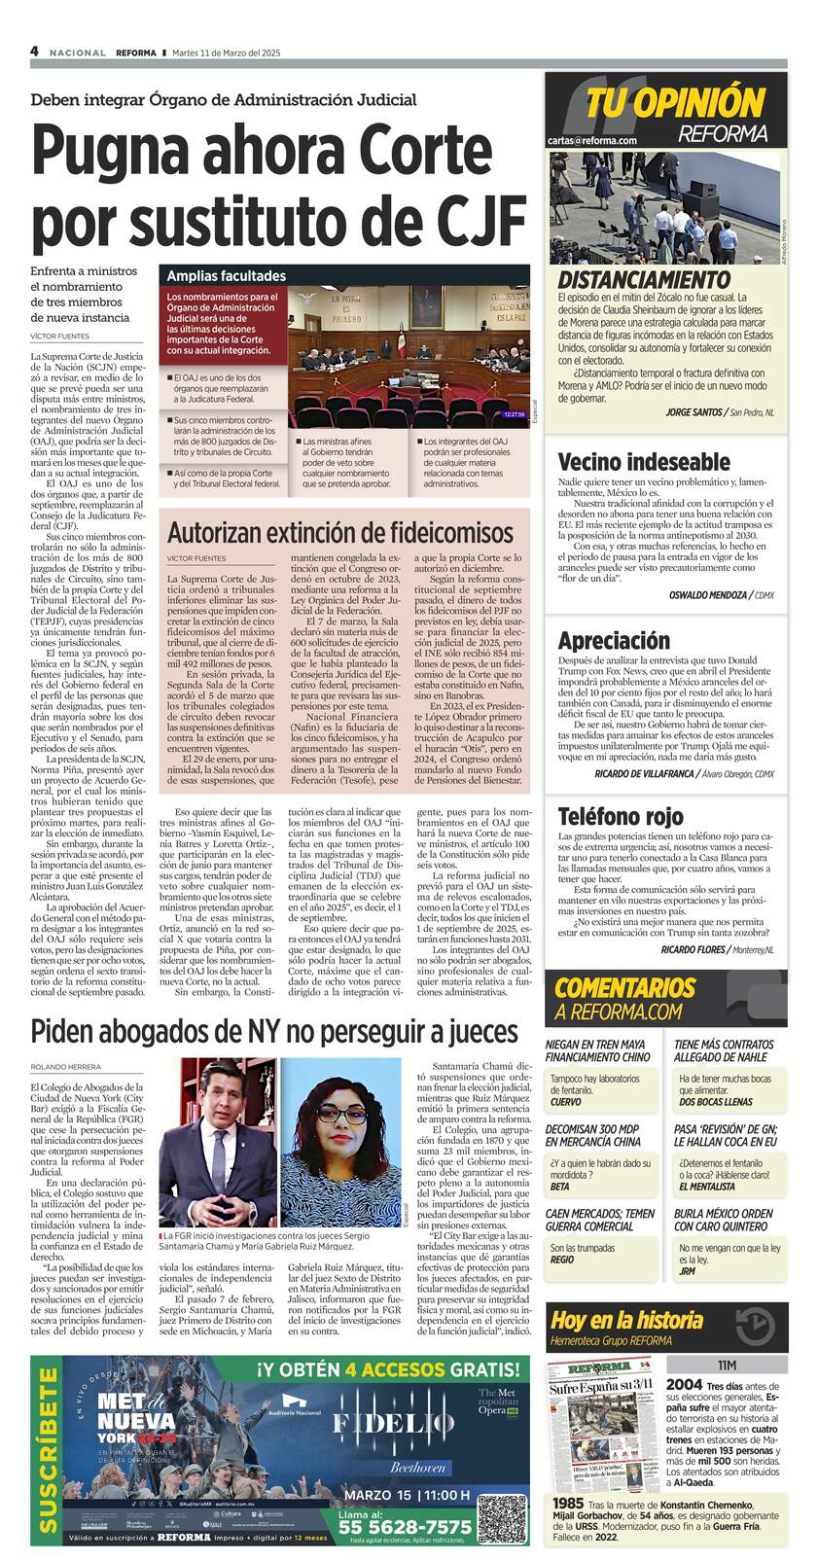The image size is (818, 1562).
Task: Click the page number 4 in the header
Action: (35, 52)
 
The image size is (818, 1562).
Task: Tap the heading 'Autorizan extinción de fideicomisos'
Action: (340, 532)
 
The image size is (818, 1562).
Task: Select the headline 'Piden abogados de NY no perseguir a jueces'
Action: (273, 1030)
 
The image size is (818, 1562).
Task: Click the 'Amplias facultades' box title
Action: (227, 276)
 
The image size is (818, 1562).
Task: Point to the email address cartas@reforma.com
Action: (592, 141)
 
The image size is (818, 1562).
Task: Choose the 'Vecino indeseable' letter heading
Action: (644, 461)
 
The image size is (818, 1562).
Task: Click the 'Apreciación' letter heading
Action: (614, 640)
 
